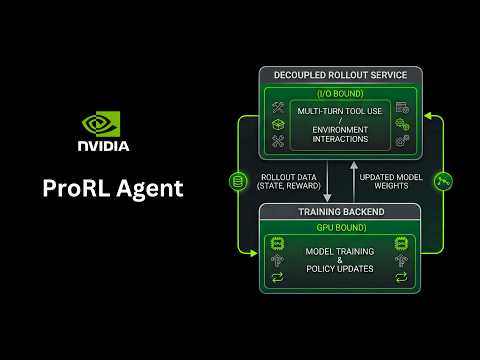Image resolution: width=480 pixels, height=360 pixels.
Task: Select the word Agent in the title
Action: coord(148,189)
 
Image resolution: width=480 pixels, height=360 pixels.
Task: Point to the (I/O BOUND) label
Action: coord(339,92)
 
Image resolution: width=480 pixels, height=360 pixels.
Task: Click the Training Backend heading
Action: coord(339,212)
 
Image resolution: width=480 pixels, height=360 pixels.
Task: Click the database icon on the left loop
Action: coord(238,181)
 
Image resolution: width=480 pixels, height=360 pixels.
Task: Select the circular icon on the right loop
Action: coord(445,181)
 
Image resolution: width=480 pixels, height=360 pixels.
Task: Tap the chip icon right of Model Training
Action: coord(401,245)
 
